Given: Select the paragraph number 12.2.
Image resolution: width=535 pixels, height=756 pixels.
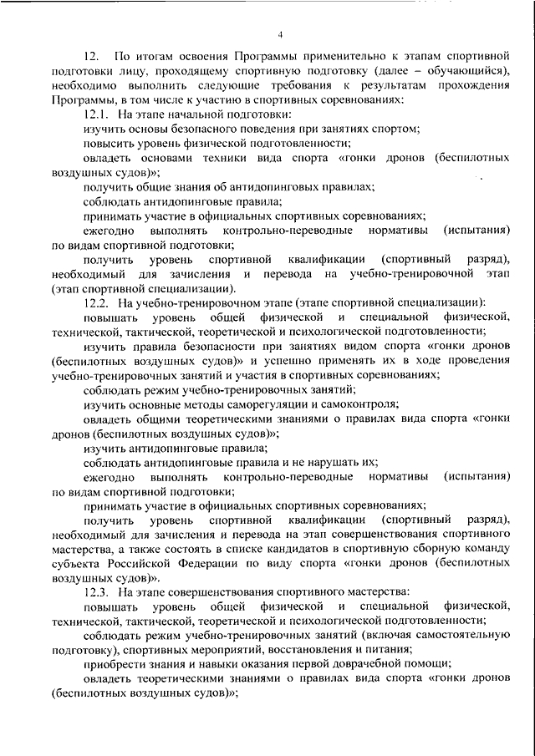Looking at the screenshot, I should point(97,302).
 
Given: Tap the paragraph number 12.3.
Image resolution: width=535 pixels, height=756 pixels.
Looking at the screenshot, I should point(97,591).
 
